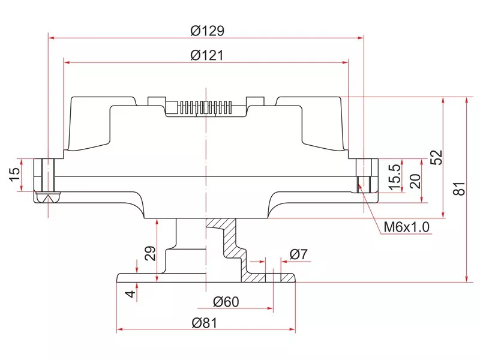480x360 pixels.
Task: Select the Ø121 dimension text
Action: click(x=207, y=55)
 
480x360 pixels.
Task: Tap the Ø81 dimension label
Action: click(x=204, y=322)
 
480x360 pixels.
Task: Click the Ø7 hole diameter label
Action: click(x=298, y=254)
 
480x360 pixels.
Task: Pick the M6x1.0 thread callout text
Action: click(x=407, y=227)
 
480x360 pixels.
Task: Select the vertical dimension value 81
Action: click(x=459, y=189)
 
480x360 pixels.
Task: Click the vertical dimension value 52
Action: click(x=436, y=157)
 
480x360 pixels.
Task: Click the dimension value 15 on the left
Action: click(x=14, y=175)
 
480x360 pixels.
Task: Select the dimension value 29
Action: click(x=150, y=254)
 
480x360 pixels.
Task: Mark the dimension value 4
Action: click(x=130, y=294)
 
